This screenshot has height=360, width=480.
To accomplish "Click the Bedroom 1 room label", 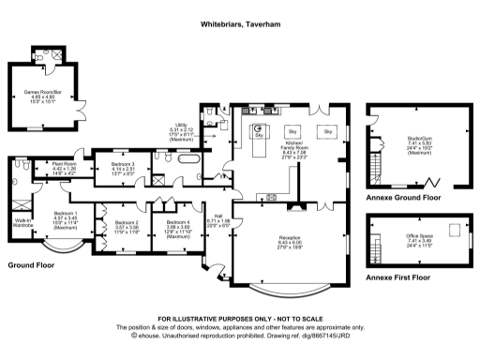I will (x=67, y=221).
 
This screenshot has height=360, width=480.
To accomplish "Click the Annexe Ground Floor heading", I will (x=405, y=199).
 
